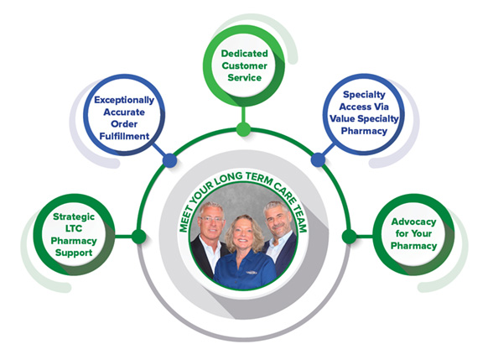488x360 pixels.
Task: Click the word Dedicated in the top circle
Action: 244,54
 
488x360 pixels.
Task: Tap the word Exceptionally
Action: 124,100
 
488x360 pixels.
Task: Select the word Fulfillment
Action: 124,136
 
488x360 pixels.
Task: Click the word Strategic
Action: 74,217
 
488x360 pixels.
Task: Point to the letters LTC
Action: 74,228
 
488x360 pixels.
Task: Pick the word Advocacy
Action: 413,222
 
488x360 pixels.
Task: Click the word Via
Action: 382,107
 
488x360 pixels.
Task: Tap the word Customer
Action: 244,65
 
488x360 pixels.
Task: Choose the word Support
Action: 74,253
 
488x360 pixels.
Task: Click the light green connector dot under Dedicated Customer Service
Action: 243,129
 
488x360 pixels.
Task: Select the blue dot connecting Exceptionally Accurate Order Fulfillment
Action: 169,160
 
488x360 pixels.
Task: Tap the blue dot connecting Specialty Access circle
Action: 318,159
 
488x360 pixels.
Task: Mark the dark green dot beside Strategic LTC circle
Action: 139,237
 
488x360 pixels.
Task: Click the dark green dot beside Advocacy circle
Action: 349,237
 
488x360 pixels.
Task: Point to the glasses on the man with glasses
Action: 211,219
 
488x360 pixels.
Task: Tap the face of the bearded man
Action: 278,220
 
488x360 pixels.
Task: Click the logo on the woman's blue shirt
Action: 252,273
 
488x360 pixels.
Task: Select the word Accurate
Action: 124,112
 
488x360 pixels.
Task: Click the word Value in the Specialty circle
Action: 343,118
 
